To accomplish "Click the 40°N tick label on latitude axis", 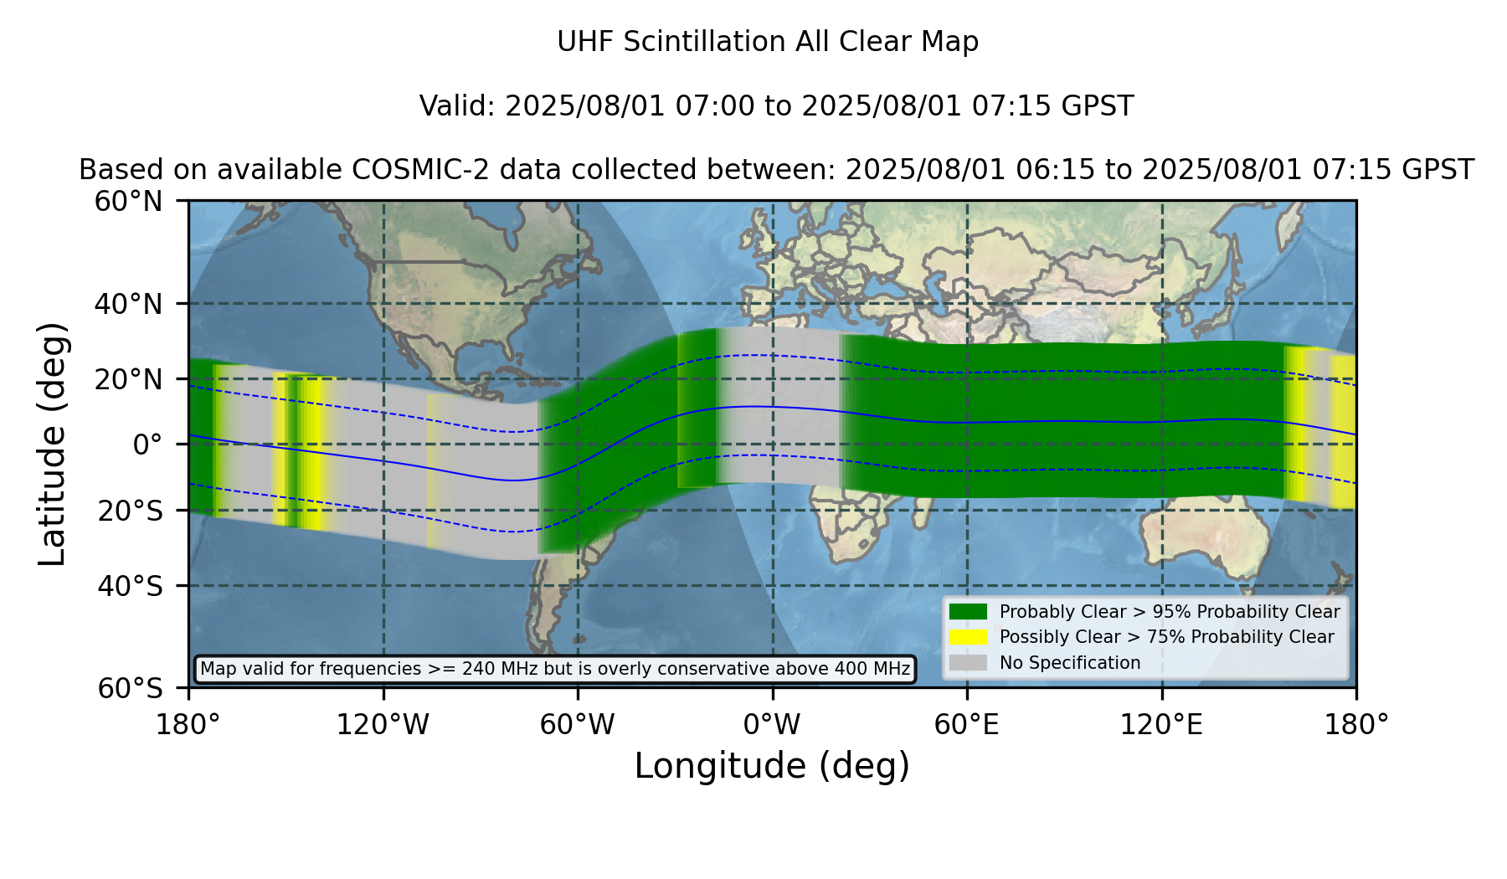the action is point(128,304).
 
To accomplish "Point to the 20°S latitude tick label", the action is point(130,511).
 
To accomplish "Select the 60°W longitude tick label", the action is point(578,724).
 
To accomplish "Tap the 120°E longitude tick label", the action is point(1162,724).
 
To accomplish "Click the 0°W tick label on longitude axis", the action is point(773,724).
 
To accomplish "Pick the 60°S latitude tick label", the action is point(130,688).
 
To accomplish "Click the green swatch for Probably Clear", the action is point(969,612).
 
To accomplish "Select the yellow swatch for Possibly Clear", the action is point(969,637).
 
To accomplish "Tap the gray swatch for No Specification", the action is point(969,663).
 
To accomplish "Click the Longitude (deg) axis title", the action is point(772,766).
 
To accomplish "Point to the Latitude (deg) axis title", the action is point(52,444).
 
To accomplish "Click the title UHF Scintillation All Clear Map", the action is point(768,42).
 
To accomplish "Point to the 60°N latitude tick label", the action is point(128,202).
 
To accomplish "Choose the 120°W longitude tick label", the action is point(383,724).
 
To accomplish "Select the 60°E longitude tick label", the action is point(967,724).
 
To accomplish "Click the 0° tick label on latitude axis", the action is point(147,445).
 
